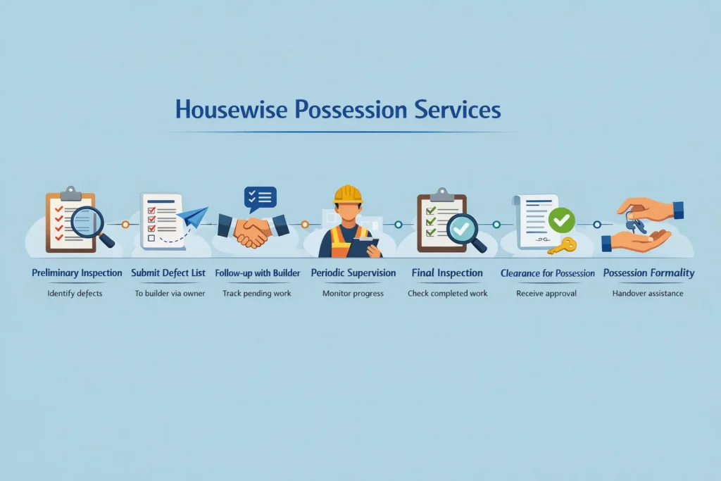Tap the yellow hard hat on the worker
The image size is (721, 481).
[347, 194]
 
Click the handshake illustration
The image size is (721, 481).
[253, 230]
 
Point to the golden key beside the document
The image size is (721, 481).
[562, 245]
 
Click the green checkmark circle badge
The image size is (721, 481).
[562, 220]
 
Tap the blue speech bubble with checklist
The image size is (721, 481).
[260, 198]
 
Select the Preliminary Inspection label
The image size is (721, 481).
[77, 273]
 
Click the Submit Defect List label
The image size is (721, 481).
[169, 273]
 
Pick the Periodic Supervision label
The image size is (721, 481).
[353, 273]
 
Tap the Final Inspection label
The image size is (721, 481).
[447, 273]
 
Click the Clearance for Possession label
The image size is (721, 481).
[547, 273]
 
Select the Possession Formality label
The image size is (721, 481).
[648, 273]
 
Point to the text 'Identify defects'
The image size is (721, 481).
[75, 293]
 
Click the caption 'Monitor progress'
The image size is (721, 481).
[353, 293]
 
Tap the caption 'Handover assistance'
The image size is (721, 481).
[648, 293]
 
